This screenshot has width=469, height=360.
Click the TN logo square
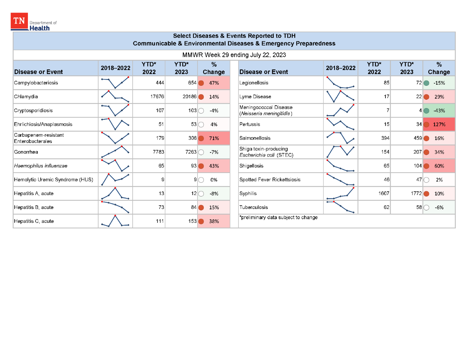tap(19, 21)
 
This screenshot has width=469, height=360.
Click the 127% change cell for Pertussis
tap(439, 125)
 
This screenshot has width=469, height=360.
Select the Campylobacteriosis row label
tap(36, 83)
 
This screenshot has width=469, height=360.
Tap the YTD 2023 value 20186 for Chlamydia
tap(189, 97)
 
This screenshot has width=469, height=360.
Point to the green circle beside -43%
tap(426, 111)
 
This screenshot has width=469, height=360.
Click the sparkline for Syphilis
tap(340, 194)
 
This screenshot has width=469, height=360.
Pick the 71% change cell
tap(214, 139)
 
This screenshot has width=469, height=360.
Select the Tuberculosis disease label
tap(254, 207)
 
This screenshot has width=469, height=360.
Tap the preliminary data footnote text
tap(278, 217)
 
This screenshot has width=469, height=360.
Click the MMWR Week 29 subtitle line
tap(234, 55)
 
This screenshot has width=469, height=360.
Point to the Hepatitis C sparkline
tap(115, 221)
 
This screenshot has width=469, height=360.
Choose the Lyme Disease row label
tap(255, 97)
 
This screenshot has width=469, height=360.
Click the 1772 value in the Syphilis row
tap(416, 194)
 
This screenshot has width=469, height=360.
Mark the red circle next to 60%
tap(426, 166)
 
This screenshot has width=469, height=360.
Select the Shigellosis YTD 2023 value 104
tap(418, 166)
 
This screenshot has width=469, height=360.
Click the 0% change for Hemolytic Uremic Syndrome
tap(214, 180)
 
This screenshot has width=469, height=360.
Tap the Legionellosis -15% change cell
tap(439, 83)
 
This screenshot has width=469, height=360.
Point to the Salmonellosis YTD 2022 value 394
tap(385, 138)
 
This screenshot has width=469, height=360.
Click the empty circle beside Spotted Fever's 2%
tap(426, 180)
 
